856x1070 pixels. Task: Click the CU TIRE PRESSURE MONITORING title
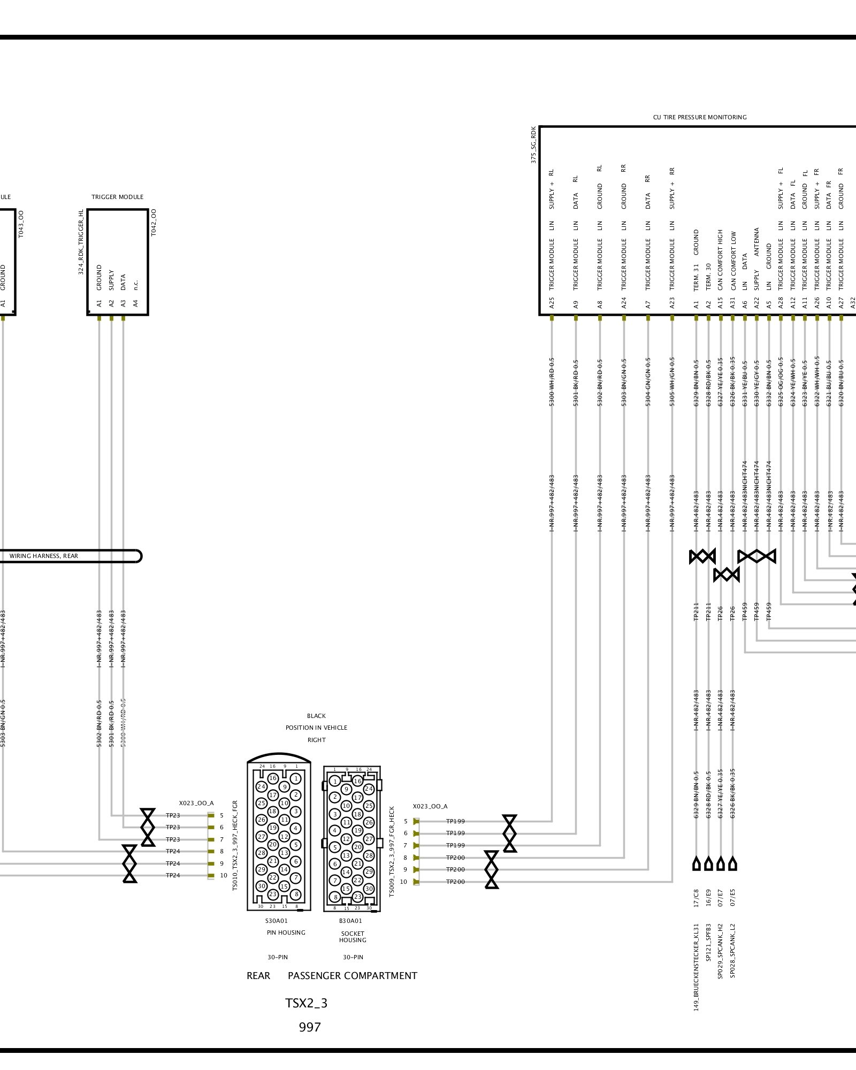click(699, 117)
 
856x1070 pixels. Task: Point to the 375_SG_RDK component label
click(533, 145)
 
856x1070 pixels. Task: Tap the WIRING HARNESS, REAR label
click(44, 556)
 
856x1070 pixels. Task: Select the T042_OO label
click(154, 223)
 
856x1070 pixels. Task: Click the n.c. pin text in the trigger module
click(136, 285)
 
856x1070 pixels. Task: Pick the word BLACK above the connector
click(316, 716)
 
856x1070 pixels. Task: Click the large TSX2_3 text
click(306, 1003)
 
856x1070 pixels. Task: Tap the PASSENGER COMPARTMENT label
click(352, 976)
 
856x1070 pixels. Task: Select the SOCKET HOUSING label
click(353, 936)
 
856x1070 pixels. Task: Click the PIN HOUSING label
click(286, 933)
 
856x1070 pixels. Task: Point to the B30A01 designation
click(350, 921)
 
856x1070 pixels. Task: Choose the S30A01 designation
click(276, 921)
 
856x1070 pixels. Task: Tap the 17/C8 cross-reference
click(696, 898)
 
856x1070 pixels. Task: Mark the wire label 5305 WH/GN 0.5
click(672, 381)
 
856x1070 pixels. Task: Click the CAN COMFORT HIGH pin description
click(721, 260)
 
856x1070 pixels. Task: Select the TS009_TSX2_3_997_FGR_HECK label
click(392, 851)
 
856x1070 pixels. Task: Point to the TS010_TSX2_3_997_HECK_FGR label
click(235, 846)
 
